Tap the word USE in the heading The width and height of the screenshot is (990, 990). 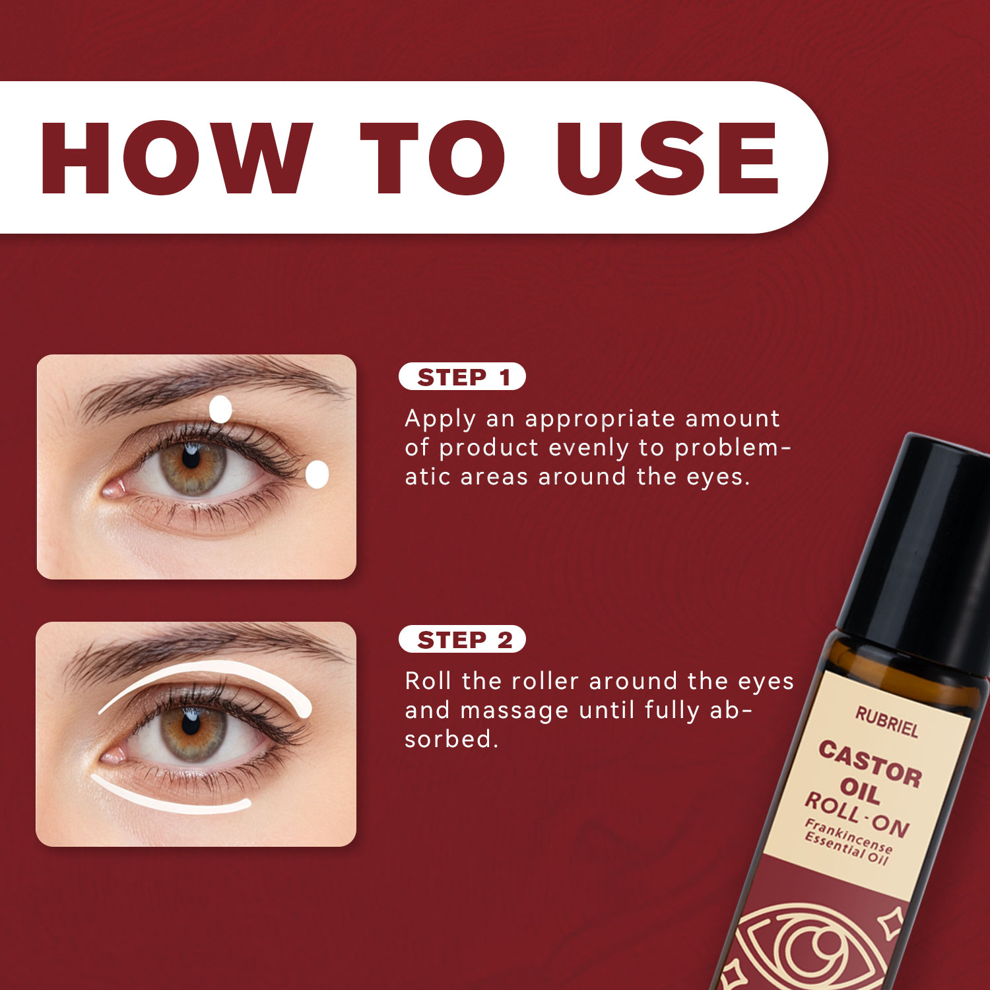[668, 158]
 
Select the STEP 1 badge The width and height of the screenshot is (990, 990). [462, 377]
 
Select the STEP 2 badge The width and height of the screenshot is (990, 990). [462, 640]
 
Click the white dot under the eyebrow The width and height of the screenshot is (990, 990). [220, 409]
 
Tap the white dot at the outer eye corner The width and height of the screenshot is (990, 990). [317, 475]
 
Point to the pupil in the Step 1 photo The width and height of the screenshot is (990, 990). [191, 458]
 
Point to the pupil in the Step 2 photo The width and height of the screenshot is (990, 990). [191, 721]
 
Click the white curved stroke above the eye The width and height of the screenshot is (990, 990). [218, 667]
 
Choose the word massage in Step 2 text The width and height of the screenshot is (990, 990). [514, 711]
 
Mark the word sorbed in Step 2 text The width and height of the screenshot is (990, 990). [451, 739]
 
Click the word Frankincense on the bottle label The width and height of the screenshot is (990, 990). [849, 834]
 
